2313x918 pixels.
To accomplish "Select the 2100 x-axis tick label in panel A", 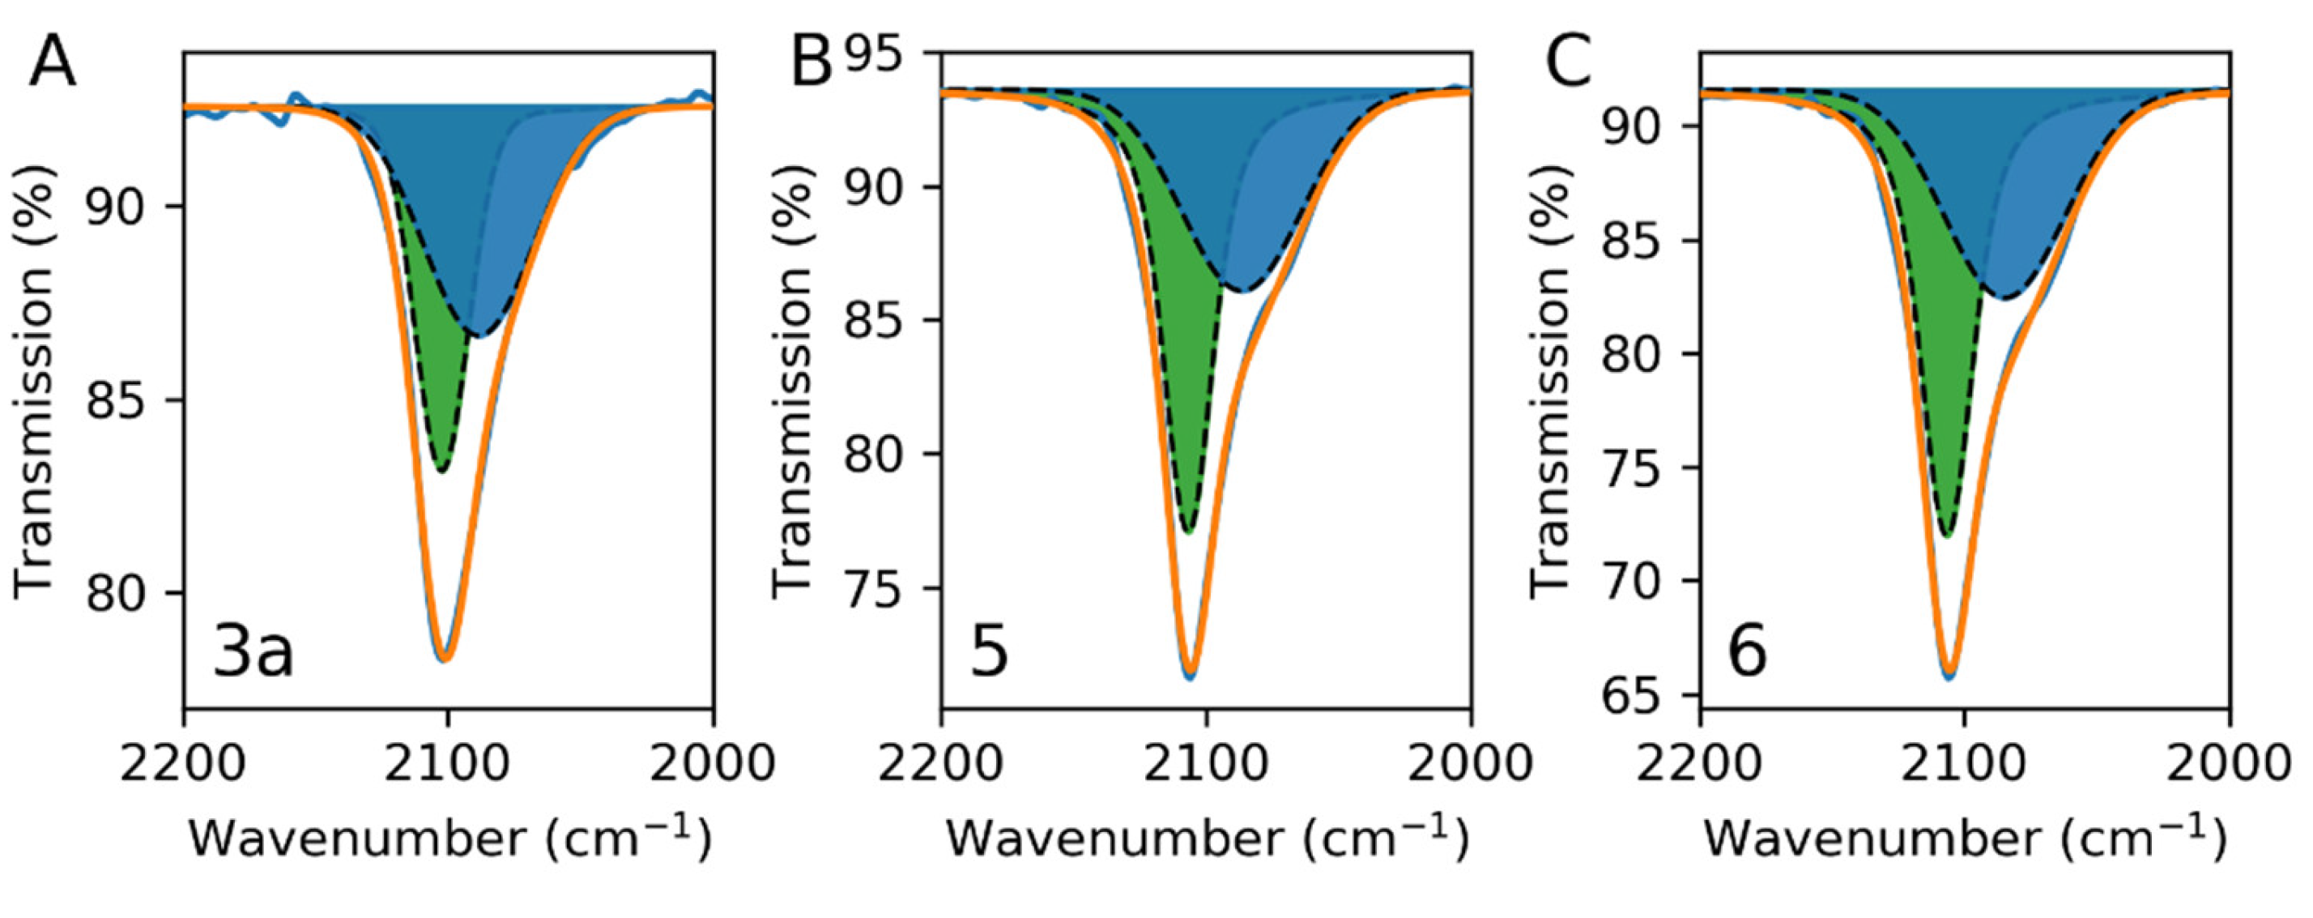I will pos(447,764).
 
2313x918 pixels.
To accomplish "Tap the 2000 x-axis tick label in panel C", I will pos(2229,764).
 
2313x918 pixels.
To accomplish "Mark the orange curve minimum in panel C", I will pos(1949,673).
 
